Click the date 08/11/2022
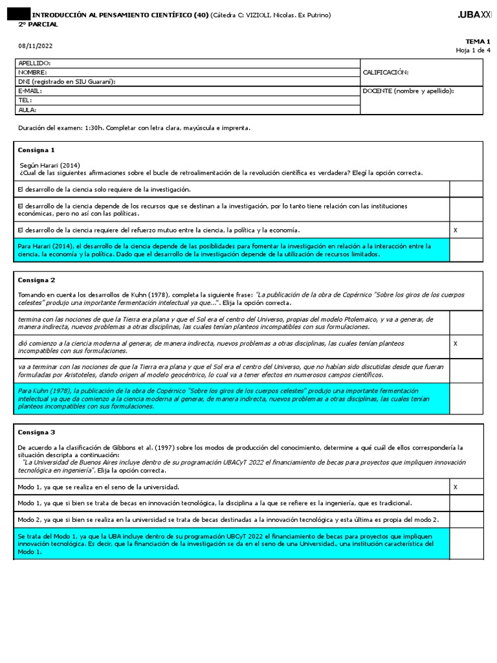point(36,45)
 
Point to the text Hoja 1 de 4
point(473,50)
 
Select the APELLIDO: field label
point(34,63)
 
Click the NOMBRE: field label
point(32,73)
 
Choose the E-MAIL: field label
point(31,91)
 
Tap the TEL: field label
point(25,100)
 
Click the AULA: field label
point(27,109)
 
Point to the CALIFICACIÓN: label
point(386,73)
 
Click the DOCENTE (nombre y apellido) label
point(408,91)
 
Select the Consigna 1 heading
point(37,150)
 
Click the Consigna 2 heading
point(37,280)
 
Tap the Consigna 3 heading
point(37,431)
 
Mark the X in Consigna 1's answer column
point(455,230)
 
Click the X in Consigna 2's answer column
point(455,343)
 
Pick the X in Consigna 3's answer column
point(455,486)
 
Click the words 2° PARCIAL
point(38,24)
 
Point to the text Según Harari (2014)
point(50,164)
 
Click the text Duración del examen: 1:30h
point(65,128)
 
